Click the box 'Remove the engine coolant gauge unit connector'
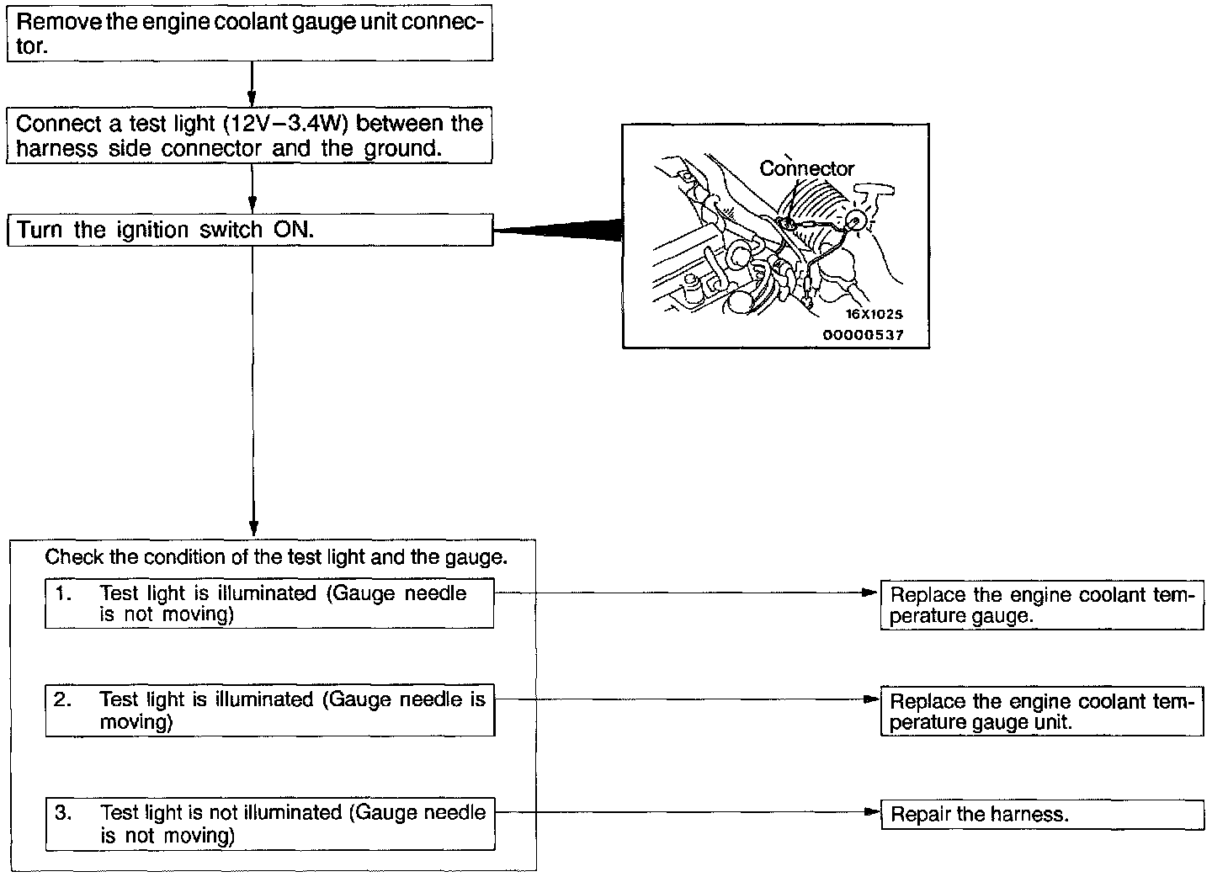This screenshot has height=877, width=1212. pos(249,34)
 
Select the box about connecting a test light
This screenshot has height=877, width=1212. pos(249,136)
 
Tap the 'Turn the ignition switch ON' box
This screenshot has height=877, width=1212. pos(249,230)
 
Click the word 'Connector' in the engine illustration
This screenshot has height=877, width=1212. pos(806,168)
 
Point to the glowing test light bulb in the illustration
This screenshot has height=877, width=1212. pos(858,220)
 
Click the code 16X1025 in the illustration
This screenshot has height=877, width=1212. pos(874,315)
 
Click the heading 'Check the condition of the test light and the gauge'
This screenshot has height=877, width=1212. pos(276,557)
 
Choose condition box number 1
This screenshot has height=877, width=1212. pos(269,603)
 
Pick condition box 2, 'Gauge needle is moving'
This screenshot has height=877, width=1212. pos(269,711)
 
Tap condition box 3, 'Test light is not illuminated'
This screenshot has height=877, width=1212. pos(269,824)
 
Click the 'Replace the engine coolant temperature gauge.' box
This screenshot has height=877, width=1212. pos(1042,605)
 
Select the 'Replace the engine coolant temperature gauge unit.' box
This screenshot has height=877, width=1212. pos(1042,712)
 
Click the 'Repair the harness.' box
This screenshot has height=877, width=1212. pos(1042,815)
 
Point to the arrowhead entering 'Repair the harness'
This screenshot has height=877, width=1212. pos(872,814)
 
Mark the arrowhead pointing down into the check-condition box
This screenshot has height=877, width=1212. pos(252,527)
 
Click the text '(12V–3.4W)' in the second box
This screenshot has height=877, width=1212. pos(286,125)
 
